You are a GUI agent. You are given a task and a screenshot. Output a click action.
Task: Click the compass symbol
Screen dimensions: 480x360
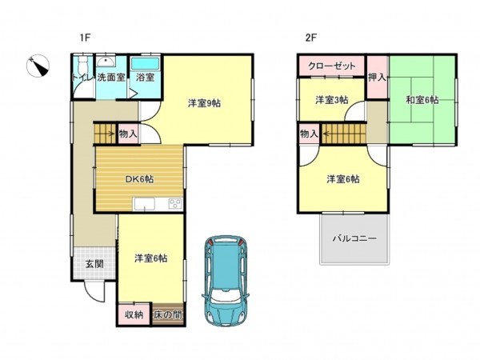(x=38, y=66)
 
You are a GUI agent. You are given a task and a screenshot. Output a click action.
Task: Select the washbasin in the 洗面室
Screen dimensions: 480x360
(x=106, y=62)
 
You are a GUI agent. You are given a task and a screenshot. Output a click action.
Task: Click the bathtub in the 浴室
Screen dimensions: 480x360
(x=145, y=63)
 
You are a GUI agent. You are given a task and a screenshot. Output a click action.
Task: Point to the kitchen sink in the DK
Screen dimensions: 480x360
(x=144, y=203)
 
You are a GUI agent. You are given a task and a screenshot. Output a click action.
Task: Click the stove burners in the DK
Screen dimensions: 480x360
(x=175, y=204)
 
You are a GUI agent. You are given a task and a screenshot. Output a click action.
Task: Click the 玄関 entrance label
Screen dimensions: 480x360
(x=94, y=263)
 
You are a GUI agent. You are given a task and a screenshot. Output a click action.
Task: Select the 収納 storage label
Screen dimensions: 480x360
(x=134, y=314)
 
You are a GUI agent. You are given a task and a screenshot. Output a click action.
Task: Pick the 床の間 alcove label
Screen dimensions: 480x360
(x=168, y=314)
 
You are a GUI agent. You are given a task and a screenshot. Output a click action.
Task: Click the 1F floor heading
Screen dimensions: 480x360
(x=85, y=38)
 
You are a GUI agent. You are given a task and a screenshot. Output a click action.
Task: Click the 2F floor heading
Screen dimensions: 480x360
(x=310, y=38)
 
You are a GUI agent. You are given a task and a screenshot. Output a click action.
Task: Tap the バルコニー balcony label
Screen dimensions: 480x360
(x=354, y=238)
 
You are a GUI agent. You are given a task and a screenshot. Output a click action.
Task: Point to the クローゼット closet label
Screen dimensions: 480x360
(x=332, y=66)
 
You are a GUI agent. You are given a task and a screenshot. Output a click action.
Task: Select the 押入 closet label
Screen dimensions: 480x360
(x=377, y=77)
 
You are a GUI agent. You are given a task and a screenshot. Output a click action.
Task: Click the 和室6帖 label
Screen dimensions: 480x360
(x=422, y=100)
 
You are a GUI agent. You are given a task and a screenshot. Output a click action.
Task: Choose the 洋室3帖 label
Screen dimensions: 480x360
(x=331, y=100)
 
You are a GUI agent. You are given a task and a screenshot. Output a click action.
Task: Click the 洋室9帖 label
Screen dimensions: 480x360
(x=204, y=103)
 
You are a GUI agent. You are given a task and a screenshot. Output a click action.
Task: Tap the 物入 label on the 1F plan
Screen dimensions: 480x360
(x=128, y=134)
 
